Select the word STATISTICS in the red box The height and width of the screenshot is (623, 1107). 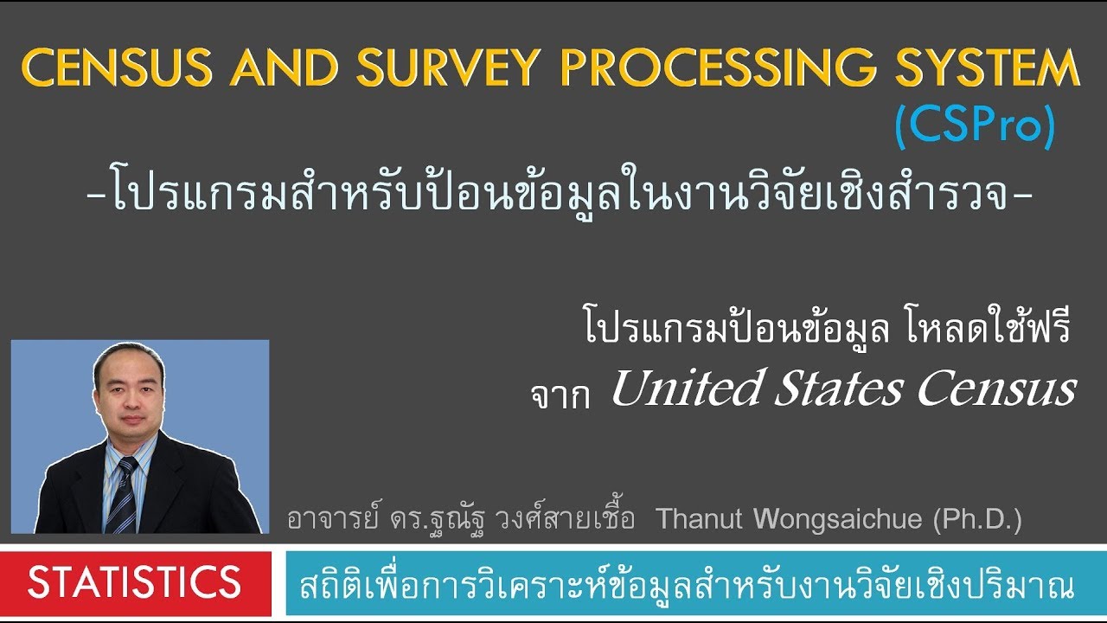tap(134, 583)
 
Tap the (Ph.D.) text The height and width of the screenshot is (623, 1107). tap(977, 520)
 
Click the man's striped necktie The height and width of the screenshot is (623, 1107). tap(124, 493)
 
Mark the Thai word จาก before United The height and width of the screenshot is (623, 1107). tap(560, 395)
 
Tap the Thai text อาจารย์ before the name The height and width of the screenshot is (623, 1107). tap(324, 520)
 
